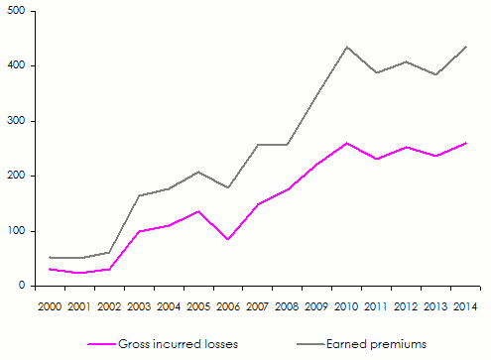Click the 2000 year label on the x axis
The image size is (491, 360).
[x=52, y=305]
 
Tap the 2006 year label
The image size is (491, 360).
[x=227, y=305]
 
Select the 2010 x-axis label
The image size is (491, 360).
[x=346, y=305]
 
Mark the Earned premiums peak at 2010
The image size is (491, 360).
[x=346, y=47]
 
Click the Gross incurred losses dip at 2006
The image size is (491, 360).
[x=227, y=239]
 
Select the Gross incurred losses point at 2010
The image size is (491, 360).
[x=346, y=143]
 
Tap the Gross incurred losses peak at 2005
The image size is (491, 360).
[x=197, y=211]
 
